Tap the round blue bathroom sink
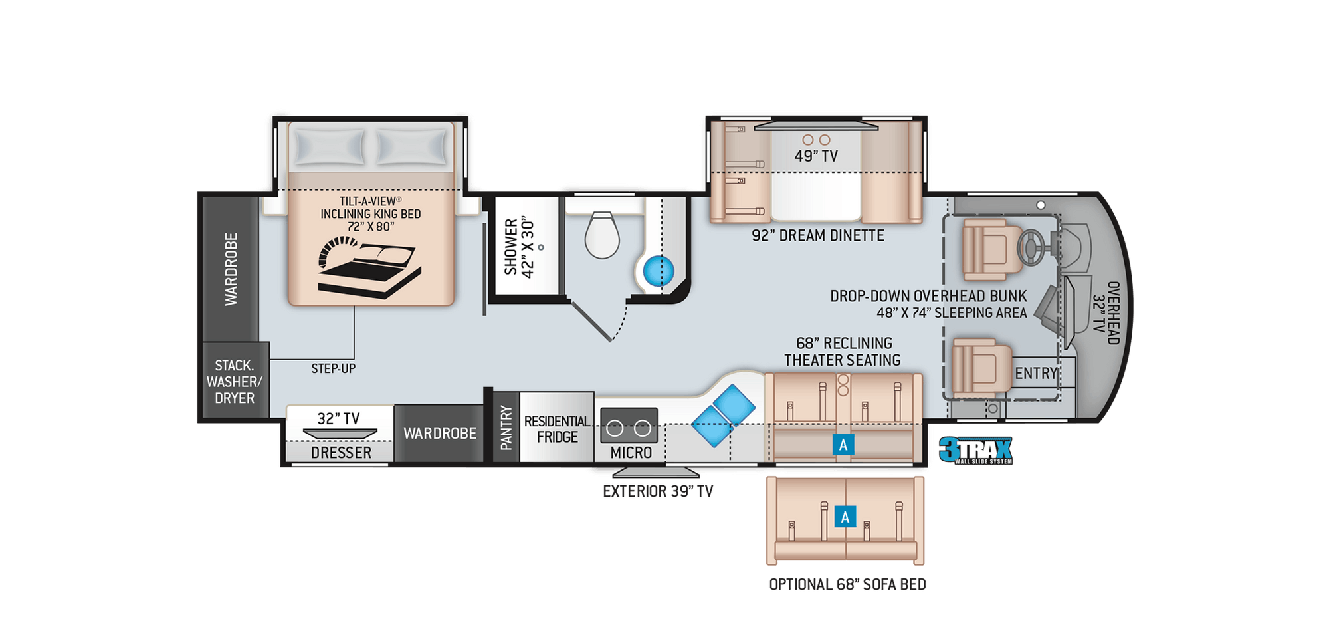(x=659, y=271)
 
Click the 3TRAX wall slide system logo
(x=975, y=451)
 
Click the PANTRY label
(x=506, y=428)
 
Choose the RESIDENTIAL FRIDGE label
(x=557, y=429)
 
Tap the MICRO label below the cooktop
(x=631, y=453)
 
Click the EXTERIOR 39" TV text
(x=658, y=491)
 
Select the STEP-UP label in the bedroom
(x=334, y=368)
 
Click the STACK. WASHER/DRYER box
(x=235, y=381)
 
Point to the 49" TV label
(x=816, y=156)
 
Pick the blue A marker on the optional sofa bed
(x=845, y=517)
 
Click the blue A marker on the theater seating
(x=843, y=445)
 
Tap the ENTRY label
(x=1036, y=374)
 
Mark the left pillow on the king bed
(x=330, y=146)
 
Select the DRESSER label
(x=342, y=453)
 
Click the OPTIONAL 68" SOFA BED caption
(x=847, y=584)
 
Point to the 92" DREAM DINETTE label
(x=818, y=235)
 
